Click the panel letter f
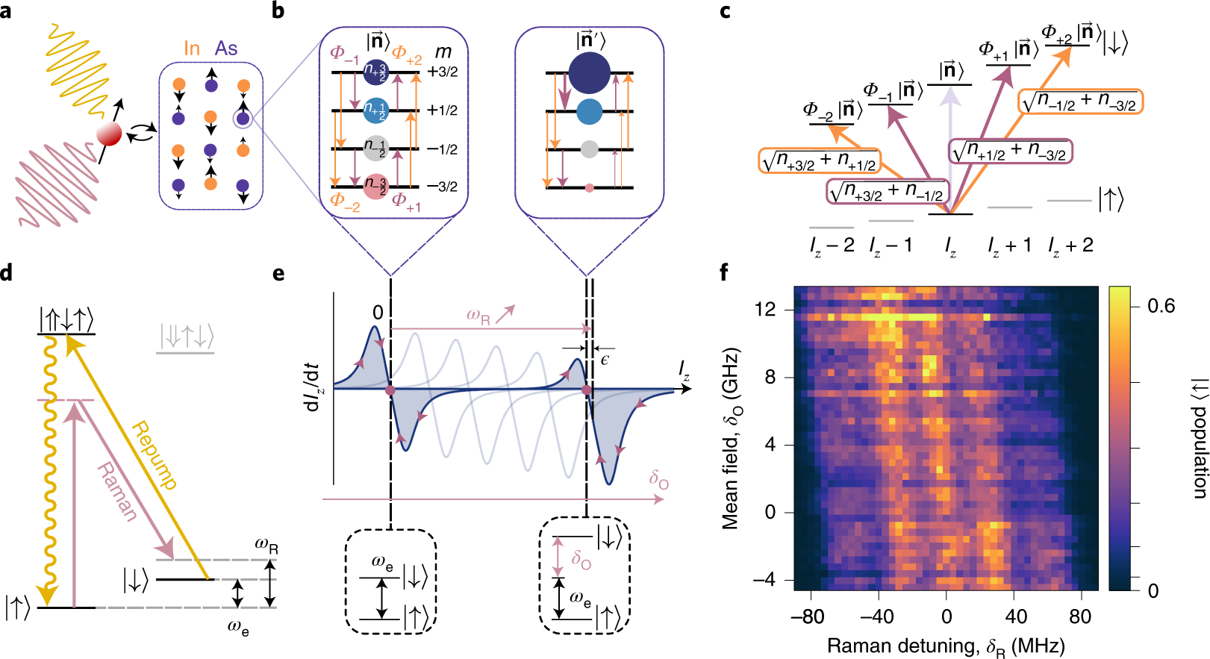(x=724, y=272)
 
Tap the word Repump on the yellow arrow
(x=155, y=456)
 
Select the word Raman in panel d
(x=118, y=491)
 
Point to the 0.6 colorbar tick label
(x=1161, y=306)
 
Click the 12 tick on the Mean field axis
(x=765, y=309)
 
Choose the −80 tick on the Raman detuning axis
(x=807, y=616)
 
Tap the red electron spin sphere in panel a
(x=109, y=135)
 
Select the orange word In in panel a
(x=192, y=49)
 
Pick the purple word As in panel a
(x=226, y=49)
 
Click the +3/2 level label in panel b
(x=443, y=72)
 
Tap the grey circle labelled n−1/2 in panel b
(x=375, y=148)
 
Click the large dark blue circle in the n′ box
(x=589, y=72)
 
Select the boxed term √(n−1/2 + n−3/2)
(x=1081, y=101)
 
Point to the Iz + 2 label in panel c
(x=1070, y=245)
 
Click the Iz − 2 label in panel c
(x=832, y=245)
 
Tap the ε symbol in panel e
(x=605, y=360)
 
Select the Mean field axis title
(x=731, y=438)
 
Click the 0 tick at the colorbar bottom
(x=1153, y=591)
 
